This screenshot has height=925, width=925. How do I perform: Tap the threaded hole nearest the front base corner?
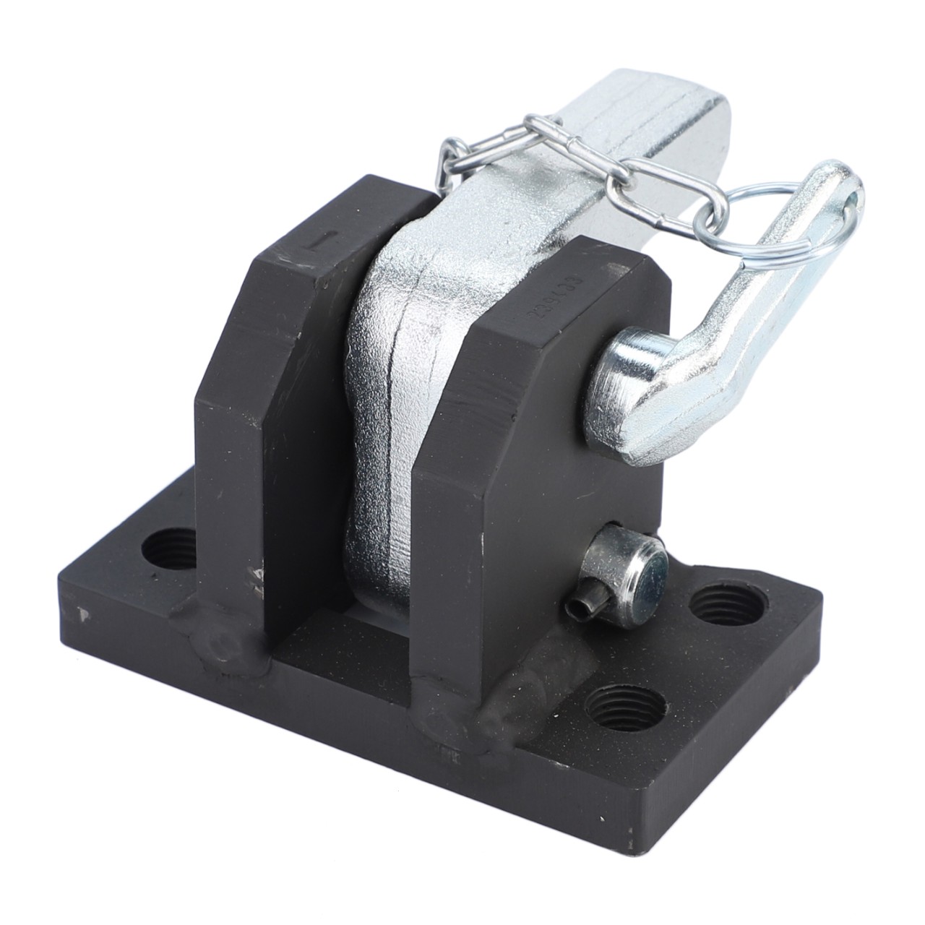[623, 708]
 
